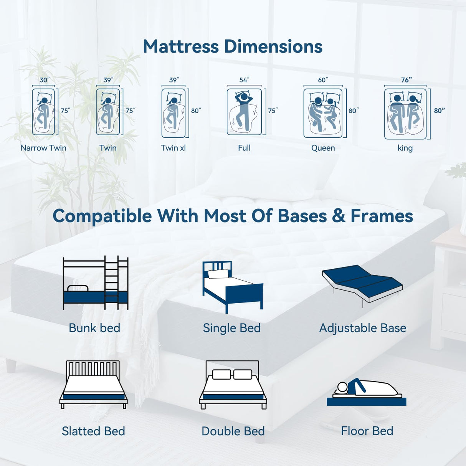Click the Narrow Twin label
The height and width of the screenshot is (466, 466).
[x=43, y=148]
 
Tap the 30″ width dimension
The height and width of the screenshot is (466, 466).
[x=45, y=80]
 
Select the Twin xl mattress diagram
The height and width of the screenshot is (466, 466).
[x=174, y=113]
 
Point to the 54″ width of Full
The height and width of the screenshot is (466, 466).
[x=244, y=80]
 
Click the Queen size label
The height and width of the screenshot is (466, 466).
[x=323, y=148]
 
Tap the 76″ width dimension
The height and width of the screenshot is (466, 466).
[x=406, y=80]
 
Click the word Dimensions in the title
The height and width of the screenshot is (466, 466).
[x=273, y=46]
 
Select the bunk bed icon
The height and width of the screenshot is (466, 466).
[x=95, y=283]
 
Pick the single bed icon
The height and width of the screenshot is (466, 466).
[x=232, y=286]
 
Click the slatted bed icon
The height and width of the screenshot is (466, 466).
[x=93, y=385]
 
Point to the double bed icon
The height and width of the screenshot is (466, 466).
[x=233, y=385]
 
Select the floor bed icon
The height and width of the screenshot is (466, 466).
[x=367, y=392]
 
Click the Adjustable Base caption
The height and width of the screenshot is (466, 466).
[x=363, y=328]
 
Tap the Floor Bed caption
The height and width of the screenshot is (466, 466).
[x=367, y=431]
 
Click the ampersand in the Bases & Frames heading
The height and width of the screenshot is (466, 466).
[x=339, y=216]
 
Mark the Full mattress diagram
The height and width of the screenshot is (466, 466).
[x=244, y=112]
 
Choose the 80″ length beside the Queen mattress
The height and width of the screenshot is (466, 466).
[x=353, y=111]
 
